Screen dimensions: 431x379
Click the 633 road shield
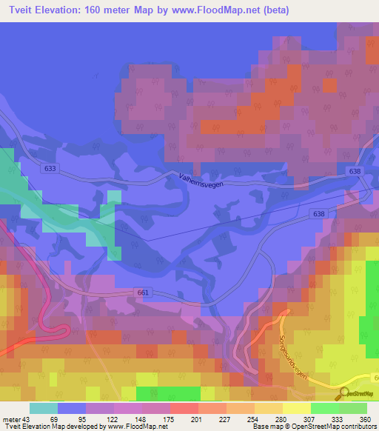tap(50, 169)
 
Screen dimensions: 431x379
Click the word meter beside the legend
tap(15, 418)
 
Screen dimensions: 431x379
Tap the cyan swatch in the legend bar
tap(44, 408)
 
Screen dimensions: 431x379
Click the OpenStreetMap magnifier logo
tap(342, 393)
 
